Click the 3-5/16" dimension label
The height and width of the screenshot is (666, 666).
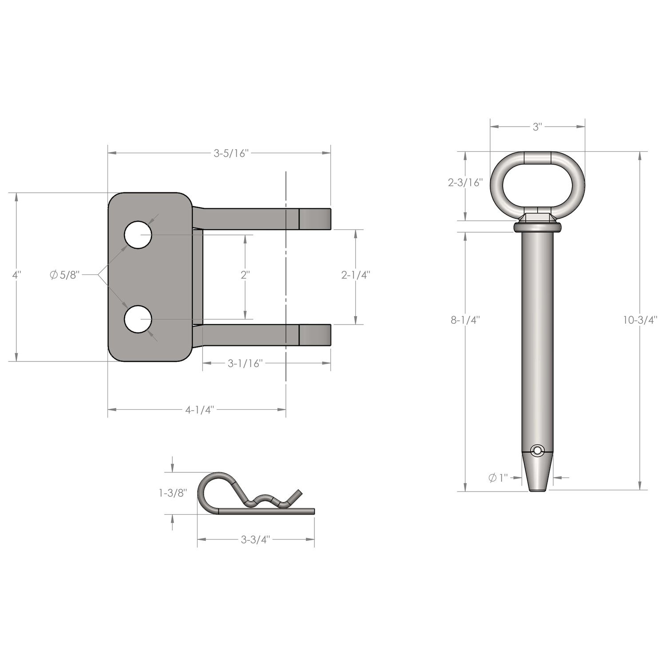[x=230, y=154]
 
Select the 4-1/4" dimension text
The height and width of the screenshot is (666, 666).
[x=199, y=409]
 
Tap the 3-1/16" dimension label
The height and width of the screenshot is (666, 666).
[x=246, y=364]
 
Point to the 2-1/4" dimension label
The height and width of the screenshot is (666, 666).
[x=356, y=275]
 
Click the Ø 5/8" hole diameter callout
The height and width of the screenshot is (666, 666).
[x=64, y=275]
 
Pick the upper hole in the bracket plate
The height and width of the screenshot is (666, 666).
[x=138, y=235]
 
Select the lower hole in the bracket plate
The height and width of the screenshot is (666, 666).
[x=138, y=319]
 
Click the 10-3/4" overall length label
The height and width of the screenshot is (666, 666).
[x=640, y=320]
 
